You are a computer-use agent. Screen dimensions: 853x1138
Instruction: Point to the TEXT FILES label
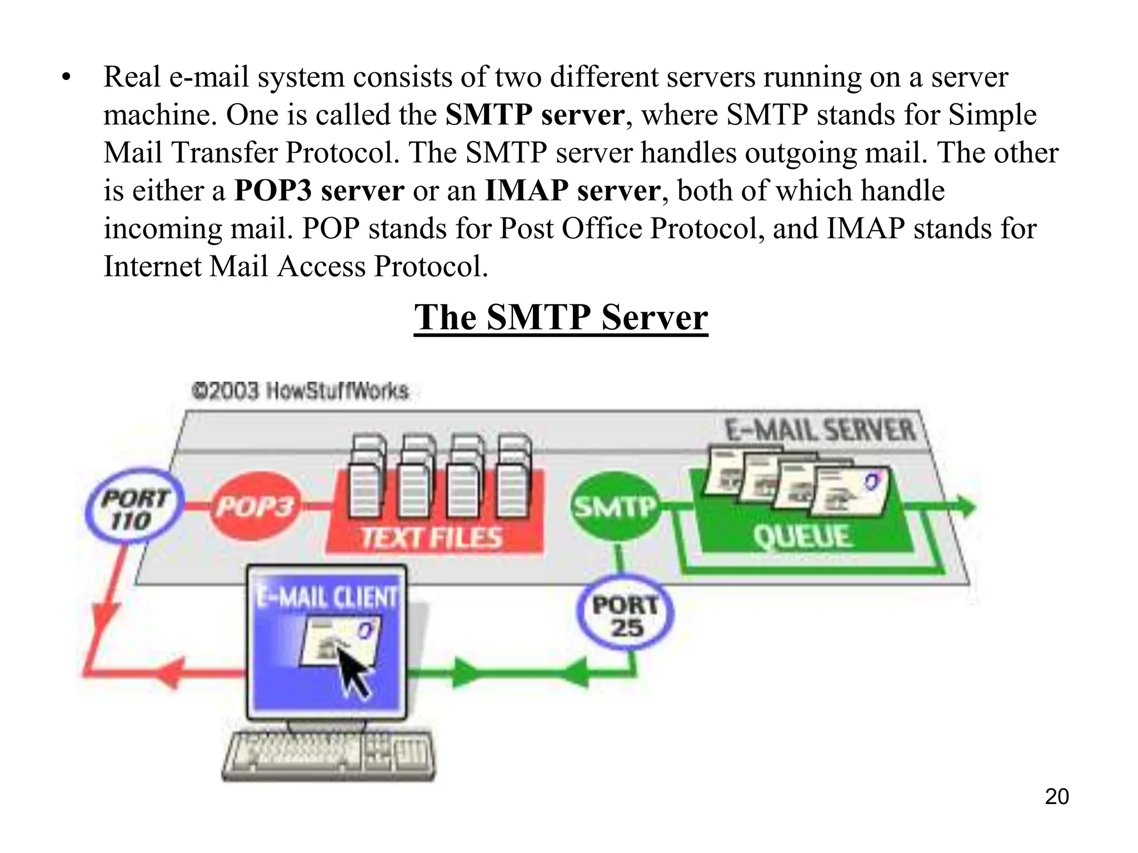pyautogui.click(x=432, y=538)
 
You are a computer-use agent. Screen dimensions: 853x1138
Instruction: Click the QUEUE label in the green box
pyautogui.click(x=802, y=536)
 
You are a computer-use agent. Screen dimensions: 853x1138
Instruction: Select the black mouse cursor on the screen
pyautogui.click(x=354, y=672)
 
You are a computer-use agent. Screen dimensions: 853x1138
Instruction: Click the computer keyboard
pyautogui.click(x=328, y=756)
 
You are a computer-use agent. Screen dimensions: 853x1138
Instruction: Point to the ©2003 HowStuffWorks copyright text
pyautogui.click(x=300, y=391)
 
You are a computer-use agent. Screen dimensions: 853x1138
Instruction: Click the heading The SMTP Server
pyautogui.click(x=561, y=318)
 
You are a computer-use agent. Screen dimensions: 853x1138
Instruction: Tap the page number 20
pyautogui.click(x=1056, y=796)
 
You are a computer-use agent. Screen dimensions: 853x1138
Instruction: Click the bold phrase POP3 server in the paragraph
pyautogui.click(x=319, y=190)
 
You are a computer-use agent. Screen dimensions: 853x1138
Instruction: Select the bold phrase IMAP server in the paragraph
pyautogui.click(x=572, y=190)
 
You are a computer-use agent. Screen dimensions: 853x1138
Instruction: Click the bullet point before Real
pyautogui.click(x=67, y=78)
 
